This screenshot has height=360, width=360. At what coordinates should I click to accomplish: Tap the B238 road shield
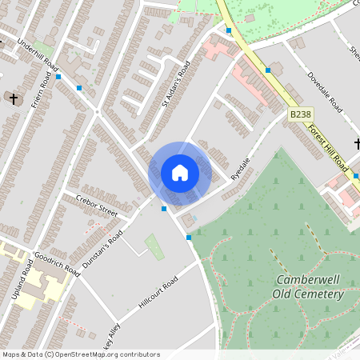click(x=300, y=115)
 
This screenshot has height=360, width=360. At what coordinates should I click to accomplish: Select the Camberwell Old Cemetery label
click(x=309, y=286)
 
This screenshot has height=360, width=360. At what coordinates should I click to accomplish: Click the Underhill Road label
click(x=38, y=54)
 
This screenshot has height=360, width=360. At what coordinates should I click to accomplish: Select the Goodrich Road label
click(x=57, y=265)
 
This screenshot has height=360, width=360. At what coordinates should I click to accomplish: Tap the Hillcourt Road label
click(x=158, y=295)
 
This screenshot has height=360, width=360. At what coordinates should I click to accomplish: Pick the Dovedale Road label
click(x=325, y=92)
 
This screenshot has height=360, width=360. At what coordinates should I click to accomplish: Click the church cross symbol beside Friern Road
click(x=12, y=98)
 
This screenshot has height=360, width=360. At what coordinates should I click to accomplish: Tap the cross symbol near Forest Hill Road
click(x=357, y=144)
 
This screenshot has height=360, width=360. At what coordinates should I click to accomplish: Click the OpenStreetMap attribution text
click(x=80, y=354)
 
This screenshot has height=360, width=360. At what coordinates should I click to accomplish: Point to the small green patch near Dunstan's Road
click(x=154, y=246)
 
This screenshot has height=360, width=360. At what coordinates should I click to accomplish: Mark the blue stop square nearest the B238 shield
click(x=268, y=70)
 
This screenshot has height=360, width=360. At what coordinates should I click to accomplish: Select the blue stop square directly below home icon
click(x=164, y=209)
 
